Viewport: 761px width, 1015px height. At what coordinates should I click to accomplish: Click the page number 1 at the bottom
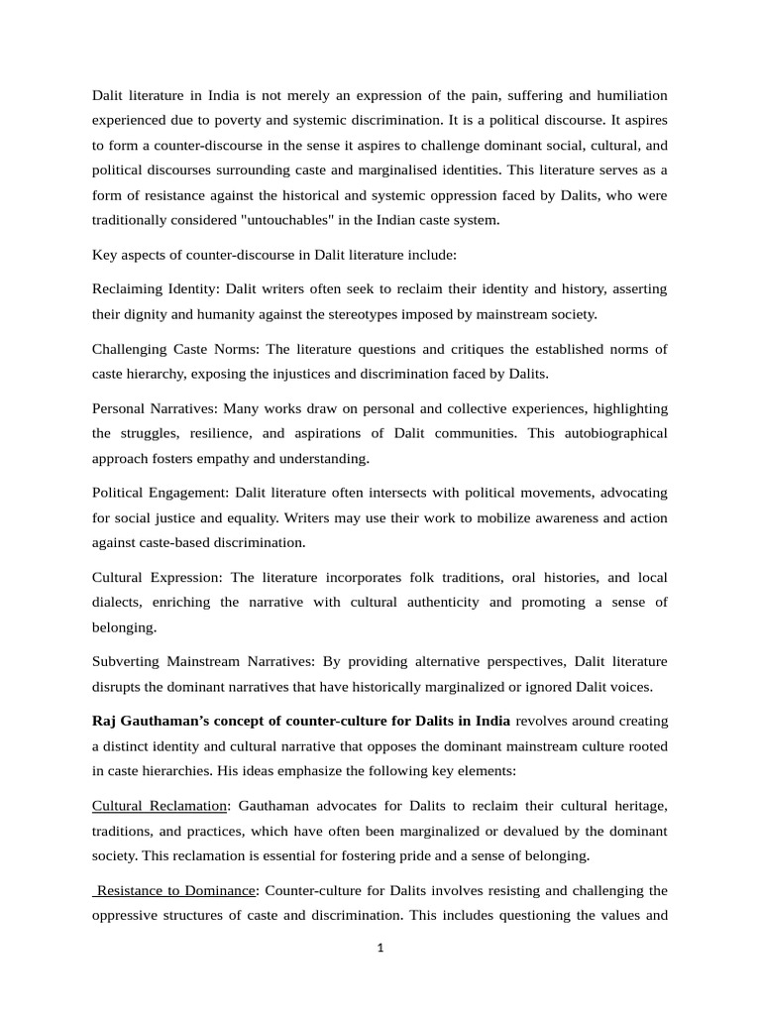coord(380,948)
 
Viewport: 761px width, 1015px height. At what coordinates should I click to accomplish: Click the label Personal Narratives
coord(155,407)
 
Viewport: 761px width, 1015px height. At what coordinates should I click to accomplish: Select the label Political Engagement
coord(159,492)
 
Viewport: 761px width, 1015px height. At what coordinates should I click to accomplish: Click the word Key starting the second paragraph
coord(104,254)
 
